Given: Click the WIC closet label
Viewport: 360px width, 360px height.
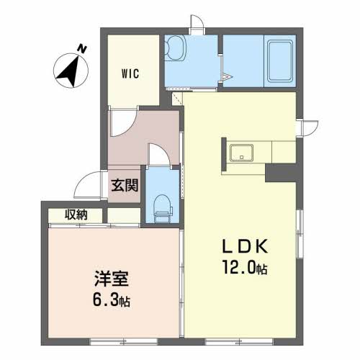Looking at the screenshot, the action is [x=130, y=73].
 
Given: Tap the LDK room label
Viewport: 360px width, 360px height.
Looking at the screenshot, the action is [x=246, y=247].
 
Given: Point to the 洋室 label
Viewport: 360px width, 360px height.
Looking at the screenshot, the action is [x=112, y=279].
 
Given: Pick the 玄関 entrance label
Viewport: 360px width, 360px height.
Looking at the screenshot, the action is [x=125, y=185].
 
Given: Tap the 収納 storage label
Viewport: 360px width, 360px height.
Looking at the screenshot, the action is [x=76, y=215].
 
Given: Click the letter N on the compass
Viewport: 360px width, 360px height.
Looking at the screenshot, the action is [x=82, y=49].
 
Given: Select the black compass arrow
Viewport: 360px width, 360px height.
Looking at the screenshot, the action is [x=68, y=71].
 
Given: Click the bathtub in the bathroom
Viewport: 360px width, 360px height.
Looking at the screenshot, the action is [x=280, y=61].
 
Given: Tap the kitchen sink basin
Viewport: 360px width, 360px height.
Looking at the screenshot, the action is [x=241, y=153].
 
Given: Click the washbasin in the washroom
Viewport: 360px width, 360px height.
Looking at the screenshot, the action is [x=176, y=48].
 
